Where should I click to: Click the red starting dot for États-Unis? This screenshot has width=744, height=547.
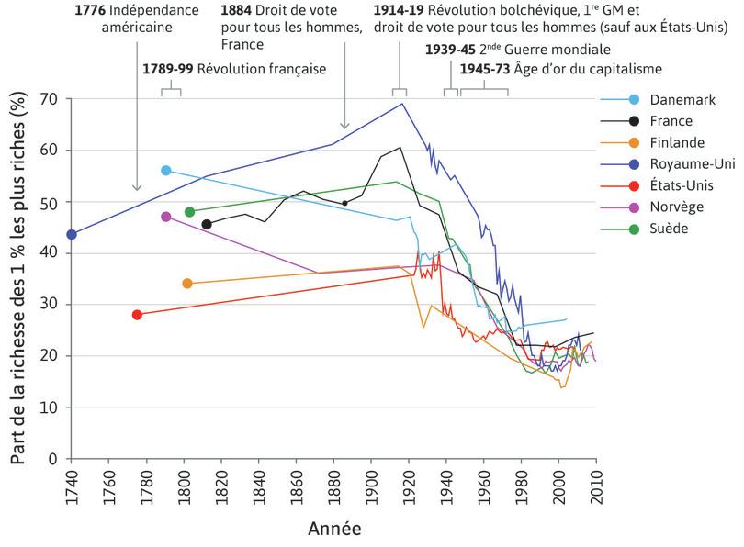[137, 315]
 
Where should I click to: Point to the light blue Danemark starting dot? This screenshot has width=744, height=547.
[165, 171]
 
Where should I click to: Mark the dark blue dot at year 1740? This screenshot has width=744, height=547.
[72, 234]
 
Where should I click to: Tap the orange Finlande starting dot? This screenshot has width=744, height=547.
[187, 284]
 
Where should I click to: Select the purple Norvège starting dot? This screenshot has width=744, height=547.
[165, 217]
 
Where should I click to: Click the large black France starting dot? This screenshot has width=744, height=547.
[207, 224]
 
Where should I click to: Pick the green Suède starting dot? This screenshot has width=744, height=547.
[189, 212]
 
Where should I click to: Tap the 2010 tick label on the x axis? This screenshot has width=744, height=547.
[597, 486]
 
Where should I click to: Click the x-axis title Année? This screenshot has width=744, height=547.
[333, 529]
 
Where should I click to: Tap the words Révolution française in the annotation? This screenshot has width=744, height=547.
[262, 69]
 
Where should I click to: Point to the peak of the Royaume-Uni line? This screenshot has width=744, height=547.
[401, 103]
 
